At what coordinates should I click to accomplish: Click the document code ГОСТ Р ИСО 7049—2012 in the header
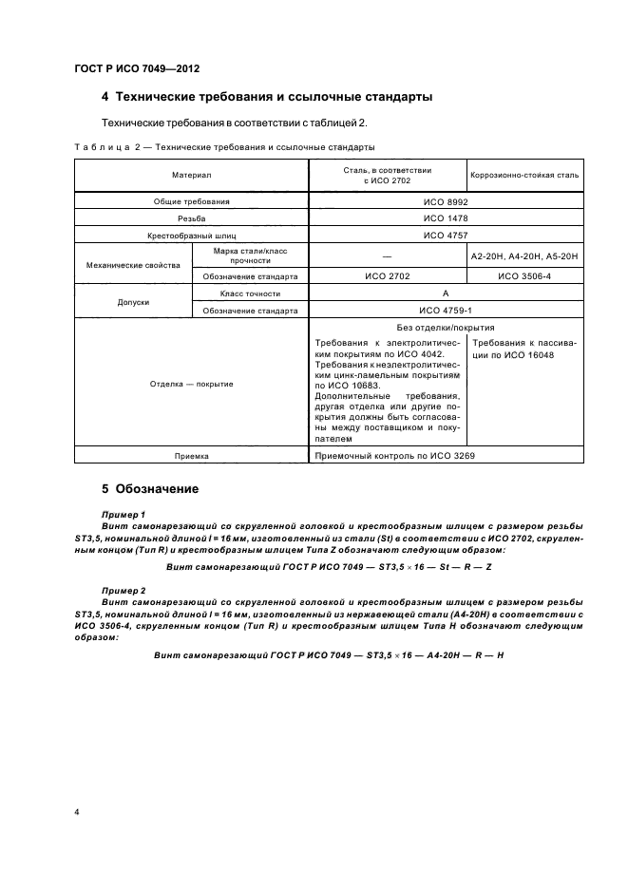137,69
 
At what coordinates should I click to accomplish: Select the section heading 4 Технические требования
267,98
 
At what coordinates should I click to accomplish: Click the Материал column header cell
191,175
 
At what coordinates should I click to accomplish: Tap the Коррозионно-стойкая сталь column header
525,175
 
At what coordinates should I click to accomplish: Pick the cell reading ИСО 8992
446,202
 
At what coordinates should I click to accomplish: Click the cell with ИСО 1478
446,218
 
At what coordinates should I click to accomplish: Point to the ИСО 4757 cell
446,235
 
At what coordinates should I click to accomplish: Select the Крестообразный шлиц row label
191,235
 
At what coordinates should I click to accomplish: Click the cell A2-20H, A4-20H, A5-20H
525,255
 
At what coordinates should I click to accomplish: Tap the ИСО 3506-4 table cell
525,276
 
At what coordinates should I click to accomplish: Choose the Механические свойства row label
133,266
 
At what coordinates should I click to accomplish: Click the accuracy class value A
446,293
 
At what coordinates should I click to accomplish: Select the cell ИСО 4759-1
446,311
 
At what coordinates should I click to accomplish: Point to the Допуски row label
133,302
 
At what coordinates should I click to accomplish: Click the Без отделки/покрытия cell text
446,328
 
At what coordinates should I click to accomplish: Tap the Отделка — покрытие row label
191,384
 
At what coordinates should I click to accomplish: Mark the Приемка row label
191,456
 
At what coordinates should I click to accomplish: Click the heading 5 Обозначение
150,490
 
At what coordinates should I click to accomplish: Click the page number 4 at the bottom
76,813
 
